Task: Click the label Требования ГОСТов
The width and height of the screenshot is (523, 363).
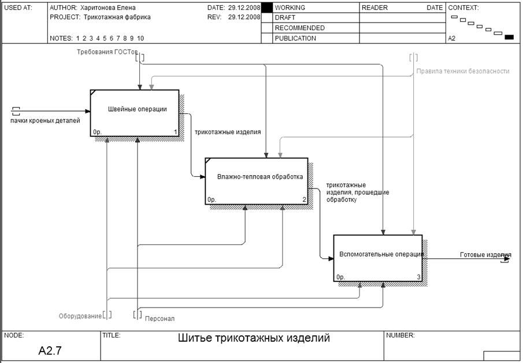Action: (107, 52)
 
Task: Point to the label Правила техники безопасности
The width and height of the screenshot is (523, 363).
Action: (462, 71)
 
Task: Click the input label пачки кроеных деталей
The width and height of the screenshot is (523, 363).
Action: (45, 120)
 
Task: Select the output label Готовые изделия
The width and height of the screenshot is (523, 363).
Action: (485, 254)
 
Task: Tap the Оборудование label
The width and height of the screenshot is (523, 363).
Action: (80, 316)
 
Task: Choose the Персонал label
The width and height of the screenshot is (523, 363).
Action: (160, 318)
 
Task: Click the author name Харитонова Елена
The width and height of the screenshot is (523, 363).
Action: (110, 8)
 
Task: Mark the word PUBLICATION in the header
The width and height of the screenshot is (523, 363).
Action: (295, 39)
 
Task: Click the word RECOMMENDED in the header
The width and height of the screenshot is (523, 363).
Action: (299, 28)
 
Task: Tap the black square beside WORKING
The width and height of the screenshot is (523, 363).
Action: (266, 8)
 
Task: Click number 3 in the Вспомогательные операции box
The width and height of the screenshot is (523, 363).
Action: (418, 277)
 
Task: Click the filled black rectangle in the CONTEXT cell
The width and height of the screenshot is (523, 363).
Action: (509, 38)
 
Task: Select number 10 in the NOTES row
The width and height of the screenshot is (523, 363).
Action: (140, 38)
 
